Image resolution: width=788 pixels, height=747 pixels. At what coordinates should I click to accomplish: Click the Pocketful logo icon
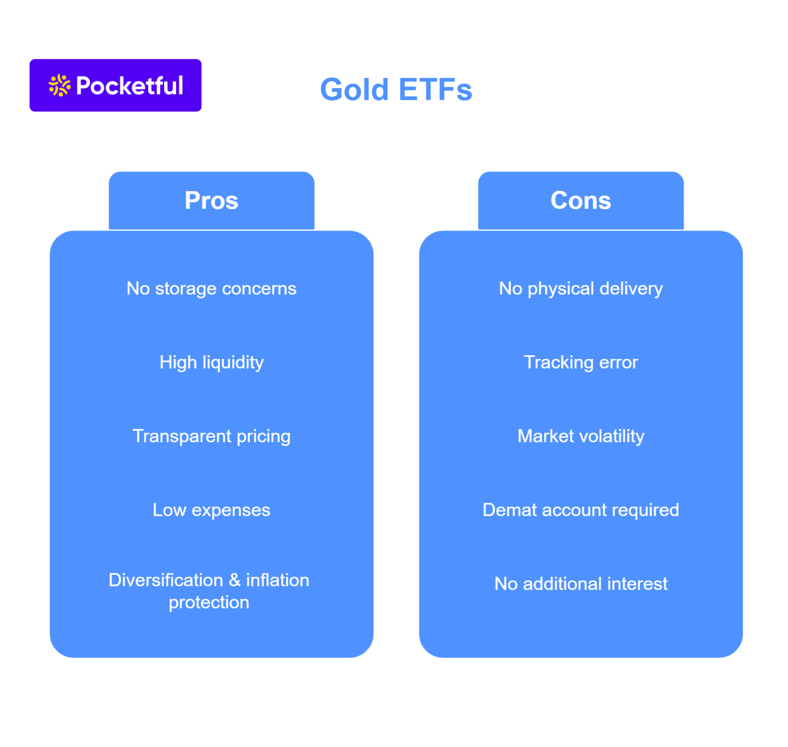(60, 86)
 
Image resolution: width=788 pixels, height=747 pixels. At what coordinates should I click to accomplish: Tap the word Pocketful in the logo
(129, 86)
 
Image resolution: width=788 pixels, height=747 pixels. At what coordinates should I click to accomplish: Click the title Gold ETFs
(396, 90)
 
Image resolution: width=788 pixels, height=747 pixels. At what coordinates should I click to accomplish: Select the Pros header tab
(211, 200)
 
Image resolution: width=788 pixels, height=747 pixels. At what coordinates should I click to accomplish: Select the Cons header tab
(581, 200)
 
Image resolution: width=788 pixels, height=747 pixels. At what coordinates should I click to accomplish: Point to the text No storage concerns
(211, 289)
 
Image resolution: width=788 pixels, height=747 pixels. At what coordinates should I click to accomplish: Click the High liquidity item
(211, 362)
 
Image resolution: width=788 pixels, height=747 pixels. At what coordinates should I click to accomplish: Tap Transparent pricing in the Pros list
(211, 436)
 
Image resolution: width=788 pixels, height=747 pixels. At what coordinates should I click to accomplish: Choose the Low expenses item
(211, 510)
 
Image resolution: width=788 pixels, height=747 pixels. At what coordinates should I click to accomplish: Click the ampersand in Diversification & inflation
(234, 580)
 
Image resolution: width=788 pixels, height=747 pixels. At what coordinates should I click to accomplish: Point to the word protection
(209, 602)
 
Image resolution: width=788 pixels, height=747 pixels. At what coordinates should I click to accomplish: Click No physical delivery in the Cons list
(581, 289)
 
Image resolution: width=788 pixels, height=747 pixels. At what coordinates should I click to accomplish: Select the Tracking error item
(581, 362)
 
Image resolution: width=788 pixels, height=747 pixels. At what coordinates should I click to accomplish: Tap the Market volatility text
(581, 436)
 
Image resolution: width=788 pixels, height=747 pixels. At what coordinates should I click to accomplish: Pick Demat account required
(581, 510)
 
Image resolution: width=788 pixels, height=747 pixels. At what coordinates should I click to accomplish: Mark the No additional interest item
(581, 584)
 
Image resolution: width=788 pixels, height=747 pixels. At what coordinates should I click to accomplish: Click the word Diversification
(166, 580)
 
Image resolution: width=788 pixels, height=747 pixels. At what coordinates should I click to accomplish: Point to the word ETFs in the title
(435, 90)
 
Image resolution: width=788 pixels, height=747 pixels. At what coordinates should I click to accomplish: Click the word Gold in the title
(354, 90)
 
